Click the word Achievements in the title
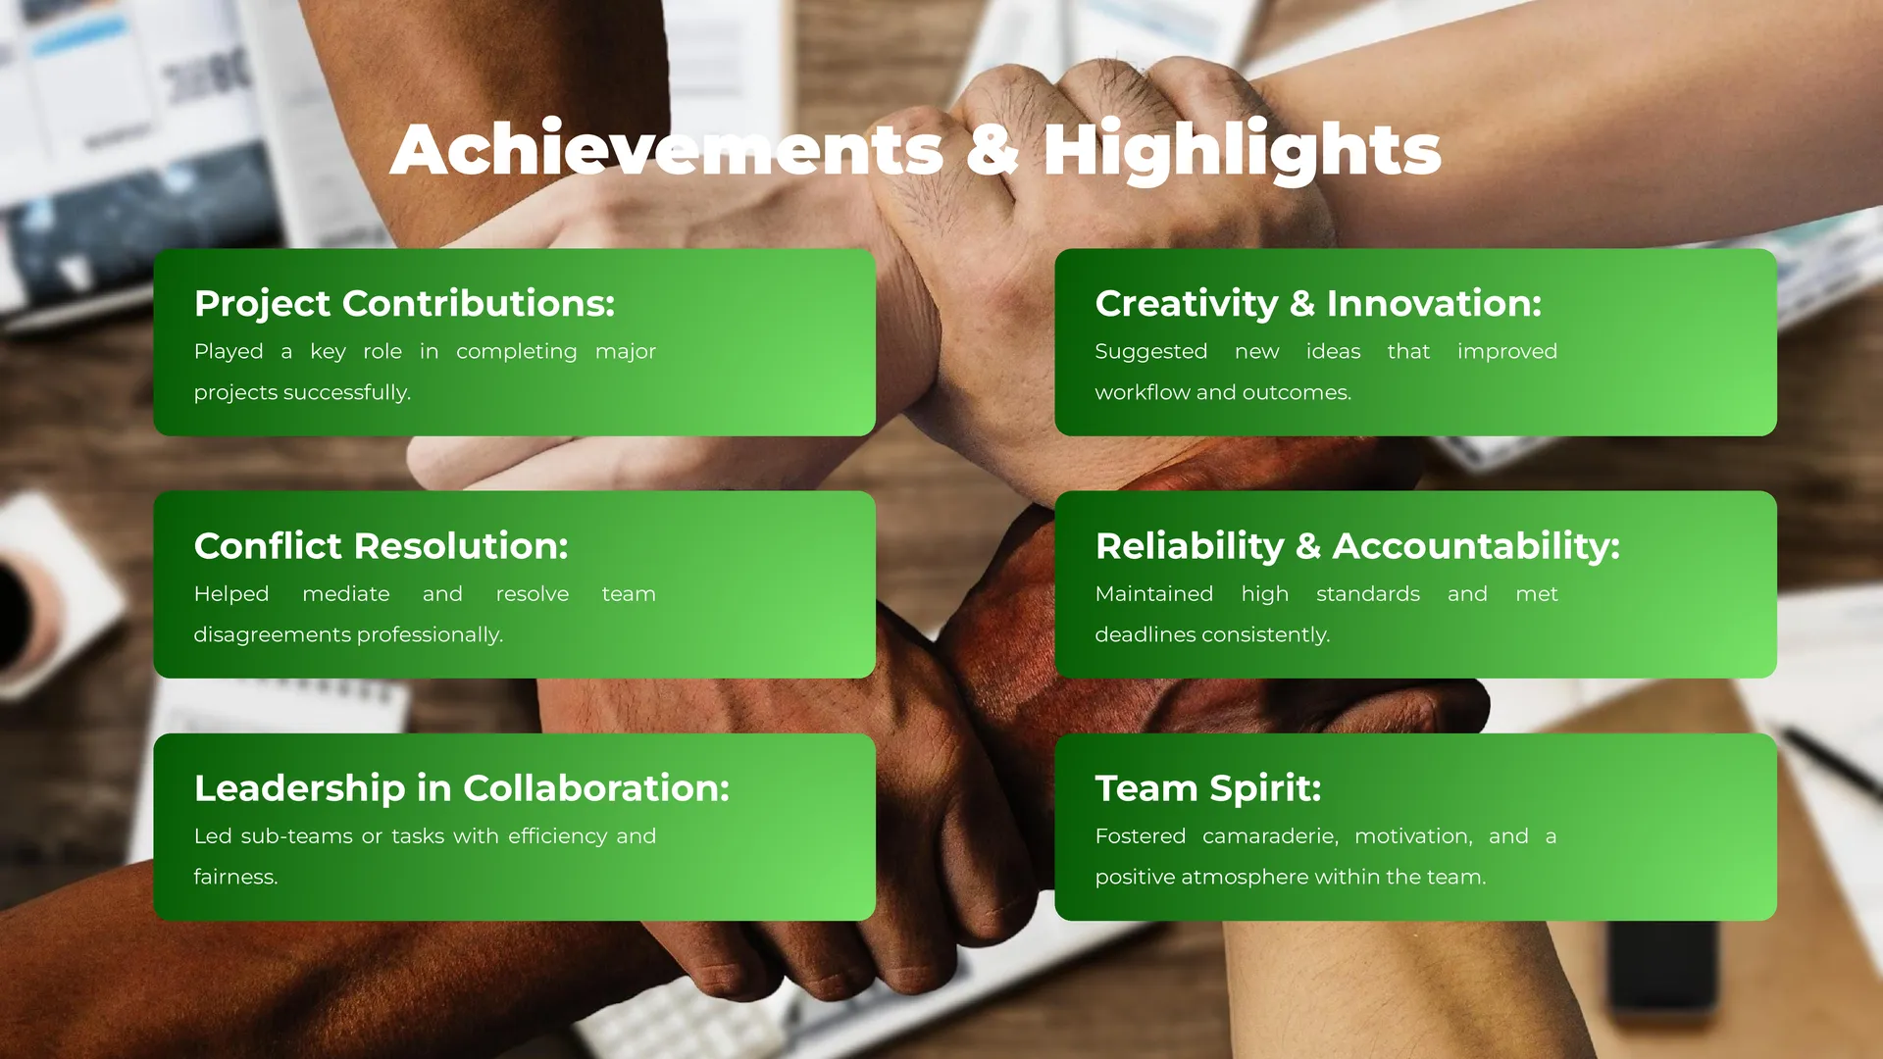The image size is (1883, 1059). pos(667,149)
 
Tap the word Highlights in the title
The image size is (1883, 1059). pos(1242,151)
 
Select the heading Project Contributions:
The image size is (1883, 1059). pos(404,304)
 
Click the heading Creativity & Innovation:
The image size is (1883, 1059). pos(1318,304)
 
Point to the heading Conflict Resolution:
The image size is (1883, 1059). pos(382,546)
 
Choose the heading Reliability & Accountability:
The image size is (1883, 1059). pos(1357,546)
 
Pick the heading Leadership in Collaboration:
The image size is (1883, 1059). pos(462,788)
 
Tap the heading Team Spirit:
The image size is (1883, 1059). pos(1208,789)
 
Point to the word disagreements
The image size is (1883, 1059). pos(273,635)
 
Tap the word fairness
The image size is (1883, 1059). pos(235,877)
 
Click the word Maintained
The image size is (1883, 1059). pos(1154,594)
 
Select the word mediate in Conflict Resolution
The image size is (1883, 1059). pos(346,594)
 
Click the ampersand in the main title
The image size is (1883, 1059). pos(992,150)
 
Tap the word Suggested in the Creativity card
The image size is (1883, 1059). pos(1151,353)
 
